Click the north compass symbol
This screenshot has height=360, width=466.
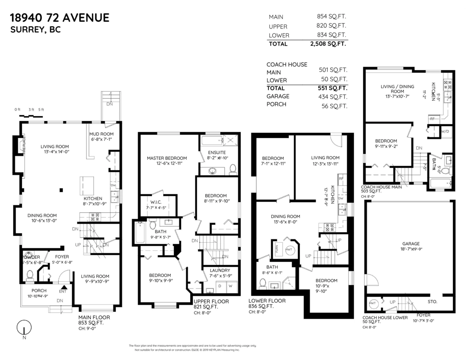[24, 327]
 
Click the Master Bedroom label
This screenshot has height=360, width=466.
[167, 158]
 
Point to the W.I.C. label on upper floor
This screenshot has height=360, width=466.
[153, 201]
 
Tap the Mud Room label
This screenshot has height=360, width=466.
[102, 134]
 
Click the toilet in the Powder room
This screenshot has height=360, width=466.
[30, 275]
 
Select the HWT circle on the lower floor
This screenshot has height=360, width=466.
[289, 250]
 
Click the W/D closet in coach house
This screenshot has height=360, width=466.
[445, 132]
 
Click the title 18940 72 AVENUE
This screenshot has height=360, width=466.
[59, 17]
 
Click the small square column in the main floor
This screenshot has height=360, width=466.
[61, 190]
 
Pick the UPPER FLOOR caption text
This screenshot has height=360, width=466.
[211, 301]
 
